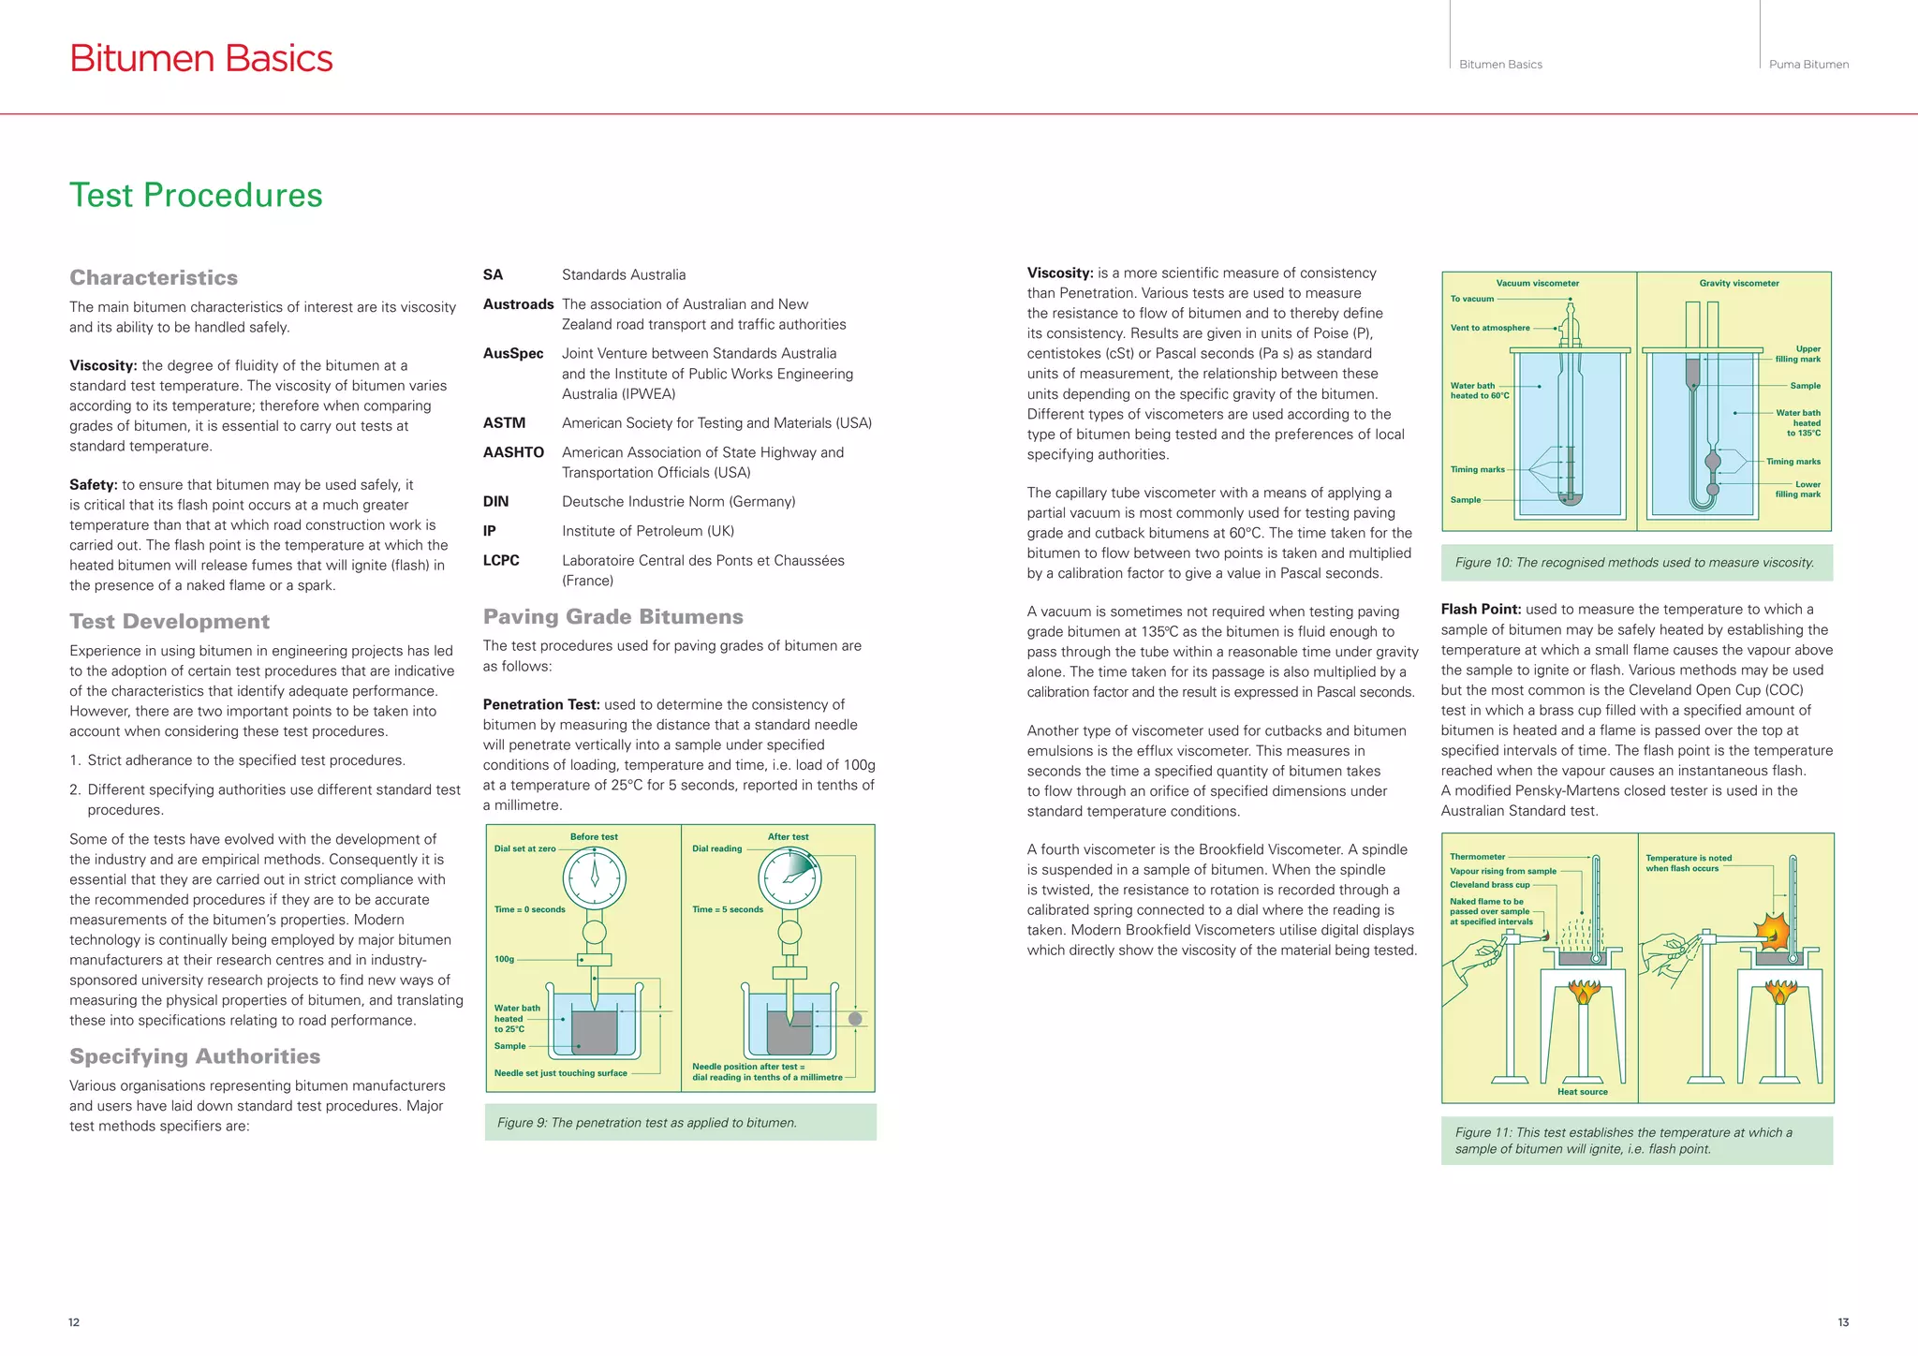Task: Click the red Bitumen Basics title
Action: tap(200, 58)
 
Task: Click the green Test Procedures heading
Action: tap(196, 195)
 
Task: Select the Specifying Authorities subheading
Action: tap(195, 1056)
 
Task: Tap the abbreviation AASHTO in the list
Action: tap(513, 452)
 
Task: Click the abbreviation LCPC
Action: tap(501, 560)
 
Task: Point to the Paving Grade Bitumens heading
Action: tap(612, 616)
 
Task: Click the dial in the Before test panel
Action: tap(594, 877)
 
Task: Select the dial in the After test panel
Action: tap(789, 877)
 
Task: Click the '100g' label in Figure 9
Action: tap(504, 959)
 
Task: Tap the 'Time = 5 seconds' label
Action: tap(727, 909)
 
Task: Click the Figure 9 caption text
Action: tap(646, 1123)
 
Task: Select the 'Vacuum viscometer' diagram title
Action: tap(1537, 283)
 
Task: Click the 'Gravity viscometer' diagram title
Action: tap(1738, 283)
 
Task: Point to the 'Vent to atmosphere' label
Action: tap(1489, 328)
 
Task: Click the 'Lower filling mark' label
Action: tap(1799, 489)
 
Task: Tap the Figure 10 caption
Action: tap(1634, 563)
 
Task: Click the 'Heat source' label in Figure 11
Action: tap(1582, 1091)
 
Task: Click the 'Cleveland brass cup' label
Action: tap(1489, 884)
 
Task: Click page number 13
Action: tap(1842, 1322)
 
